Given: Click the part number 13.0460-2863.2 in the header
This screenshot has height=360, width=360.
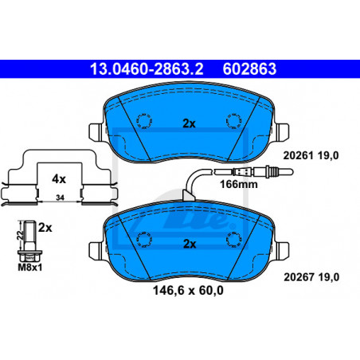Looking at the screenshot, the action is (147, 68).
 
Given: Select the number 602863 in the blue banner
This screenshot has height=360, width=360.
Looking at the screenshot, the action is (249, 68).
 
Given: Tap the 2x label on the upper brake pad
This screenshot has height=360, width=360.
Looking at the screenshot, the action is (189, 123).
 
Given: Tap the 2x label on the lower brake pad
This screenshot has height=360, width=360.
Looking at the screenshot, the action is (190, 244).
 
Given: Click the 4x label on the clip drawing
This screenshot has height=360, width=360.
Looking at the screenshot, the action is (59, 179).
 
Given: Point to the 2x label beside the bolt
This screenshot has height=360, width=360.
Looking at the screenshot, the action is (45, 228).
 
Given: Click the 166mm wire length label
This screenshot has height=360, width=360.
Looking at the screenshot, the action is (239, 184).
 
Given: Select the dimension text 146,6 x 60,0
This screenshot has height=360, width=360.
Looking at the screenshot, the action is (188, 291).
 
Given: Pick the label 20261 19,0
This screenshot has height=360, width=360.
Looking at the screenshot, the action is (311, 155).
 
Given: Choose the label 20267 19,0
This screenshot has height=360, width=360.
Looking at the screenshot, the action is (311, 277).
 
